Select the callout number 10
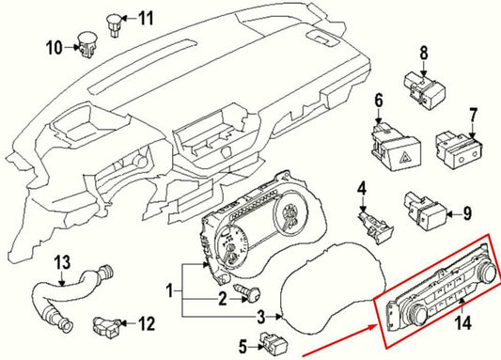click(55, 46)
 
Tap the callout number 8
click(423, 53)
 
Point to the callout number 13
click(61, 260)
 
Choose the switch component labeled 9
click(420, 212)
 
